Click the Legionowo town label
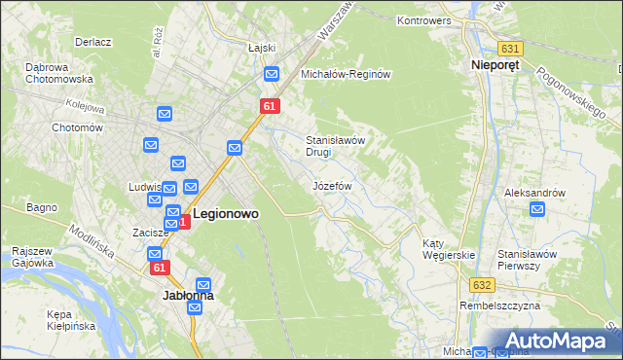[x=226, y=212]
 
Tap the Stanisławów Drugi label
[x=335, y=146]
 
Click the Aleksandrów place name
[x=534, y=193]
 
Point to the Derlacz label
[x=94, y=42]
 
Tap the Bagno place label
[x=43, y=207]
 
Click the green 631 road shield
[x=510, y=49]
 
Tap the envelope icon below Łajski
[x=272, y=73]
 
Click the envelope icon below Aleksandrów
[x=536, y=209]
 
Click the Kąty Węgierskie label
[x=448, y=249]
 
